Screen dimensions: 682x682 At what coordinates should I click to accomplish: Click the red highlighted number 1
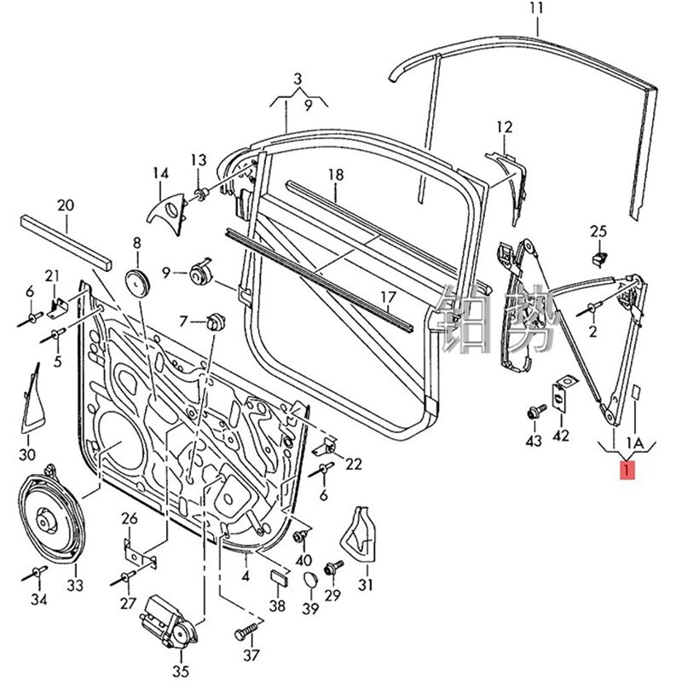[627, 470]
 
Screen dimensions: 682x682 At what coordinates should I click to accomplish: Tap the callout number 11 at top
[535, 10]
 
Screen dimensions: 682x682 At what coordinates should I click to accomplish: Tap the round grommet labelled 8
[136, 280]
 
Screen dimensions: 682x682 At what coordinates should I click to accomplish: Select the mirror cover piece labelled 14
[167, 209]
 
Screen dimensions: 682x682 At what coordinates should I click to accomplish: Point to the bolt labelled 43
[535, 413]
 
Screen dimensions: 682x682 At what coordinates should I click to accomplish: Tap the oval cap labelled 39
[311, 581]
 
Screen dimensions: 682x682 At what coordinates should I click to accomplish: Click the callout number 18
[335, 175]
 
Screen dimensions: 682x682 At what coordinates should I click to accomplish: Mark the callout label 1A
[636, 443]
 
